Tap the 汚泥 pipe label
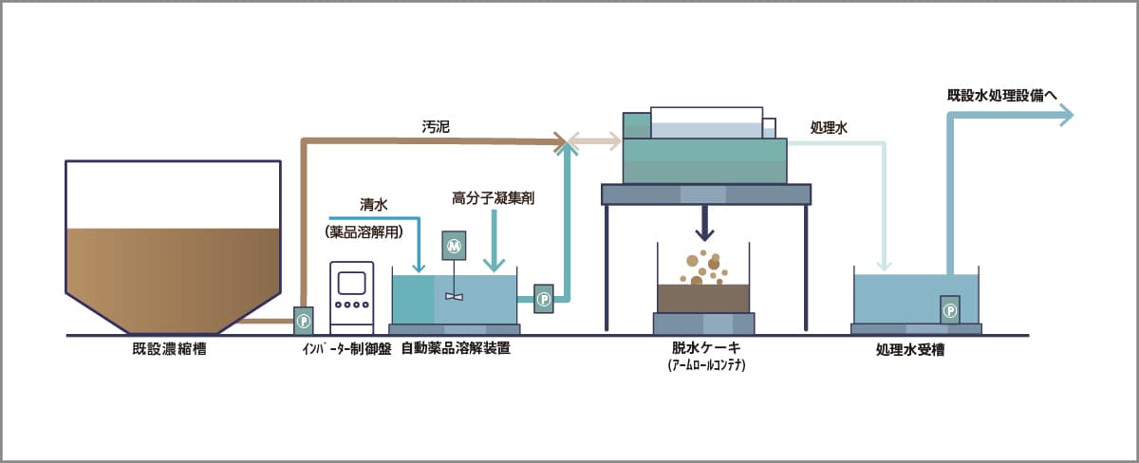436,125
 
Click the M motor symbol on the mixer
454,246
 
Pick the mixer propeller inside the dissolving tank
455,296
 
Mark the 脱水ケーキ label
703,349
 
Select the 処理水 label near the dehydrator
828,127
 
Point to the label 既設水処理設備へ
1008,95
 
